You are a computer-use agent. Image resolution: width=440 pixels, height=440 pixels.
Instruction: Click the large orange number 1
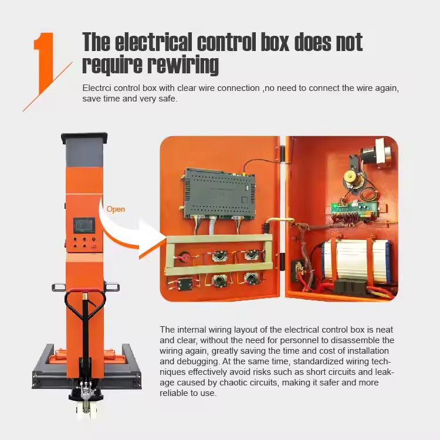tap(45, 62)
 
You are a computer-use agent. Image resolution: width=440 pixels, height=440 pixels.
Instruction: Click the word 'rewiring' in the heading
tap(182, 65)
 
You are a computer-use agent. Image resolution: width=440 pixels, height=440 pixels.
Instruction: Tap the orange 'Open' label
tap(116, 209)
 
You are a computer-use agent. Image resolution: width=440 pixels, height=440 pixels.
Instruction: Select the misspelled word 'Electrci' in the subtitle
tap(97, 88)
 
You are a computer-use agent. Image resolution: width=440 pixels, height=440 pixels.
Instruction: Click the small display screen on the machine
tap(84, 225)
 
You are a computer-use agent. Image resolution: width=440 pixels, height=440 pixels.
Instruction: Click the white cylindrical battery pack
tap(356, 260)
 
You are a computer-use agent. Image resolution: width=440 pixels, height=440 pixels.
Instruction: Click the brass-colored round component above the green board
tap(350, 177)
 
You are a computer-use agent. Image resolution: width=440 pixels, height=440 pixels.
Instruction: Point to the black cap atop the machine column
tap(84, 138)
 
